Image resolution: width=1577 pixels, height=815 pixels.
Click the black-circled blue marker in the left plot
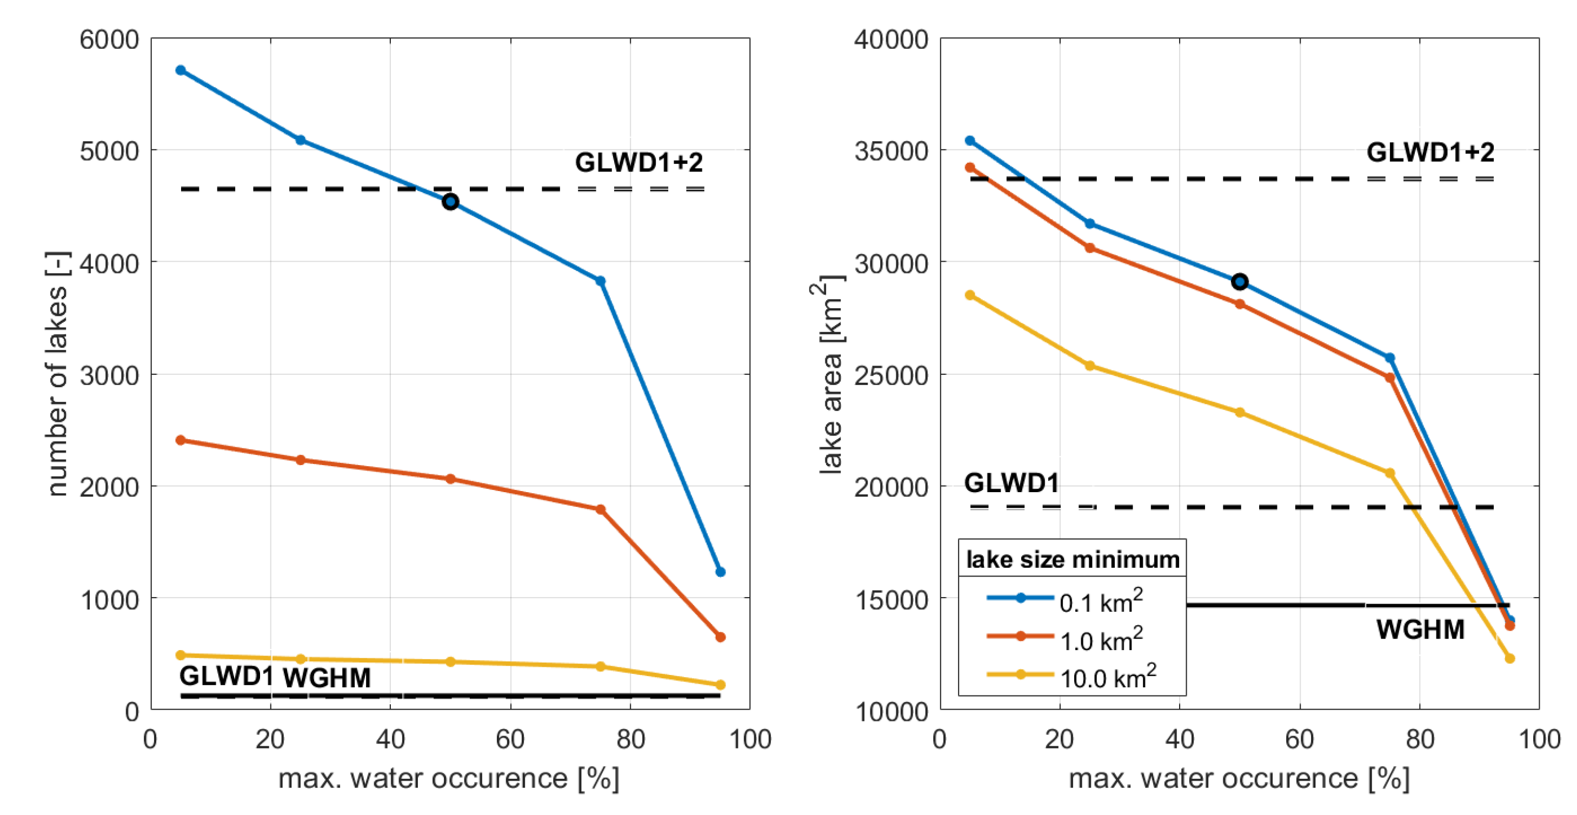pos(450,202)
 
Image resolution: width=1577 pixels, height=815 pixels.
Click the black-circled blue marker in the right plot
pos(1240,282)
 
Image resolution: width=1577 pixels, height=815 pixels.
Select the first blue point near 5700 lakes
pos(181,70)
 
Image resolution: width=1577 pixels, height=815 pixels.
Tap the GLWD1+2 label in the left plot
pos(638,162)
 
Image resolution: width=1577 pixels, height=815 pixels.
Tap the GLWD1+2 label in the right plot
pos(1430,152)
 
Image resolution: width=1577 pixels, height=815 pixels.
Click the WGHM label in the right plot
pos(1420,630)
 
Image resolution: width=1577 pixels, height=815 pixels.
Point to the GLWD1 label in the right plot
pos(1012,483)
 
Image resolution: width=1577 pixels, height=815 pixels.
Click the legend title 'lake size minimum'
pos(1073,560)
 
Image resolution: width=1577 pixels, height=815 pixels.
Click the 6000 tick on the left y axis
pos(110,40)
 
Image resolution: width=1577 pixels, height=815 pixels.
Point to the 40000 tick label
pos(891,40)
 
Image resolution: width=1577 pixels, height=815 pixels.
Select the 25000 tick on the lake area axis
pos(891,375)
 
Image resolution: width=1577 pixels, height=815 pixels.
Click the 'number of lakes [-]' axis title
pos(58,374)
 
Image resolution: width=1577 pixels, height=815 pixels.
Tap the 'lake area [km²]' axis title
pos(831,374)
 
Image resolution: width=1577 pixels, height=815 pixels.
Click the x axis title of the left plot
pos(449,779)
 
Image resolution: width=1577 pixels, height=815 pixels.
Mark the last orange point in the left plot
pos(720,637)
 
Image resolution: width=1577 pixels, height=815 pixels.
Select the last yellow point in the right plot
pos(1509,658)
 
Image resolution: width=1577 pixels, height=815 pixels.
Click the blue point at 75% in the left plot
pos(601,281)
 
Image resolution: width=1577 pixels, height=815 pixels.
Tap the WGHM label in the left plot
pos(327,678)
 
